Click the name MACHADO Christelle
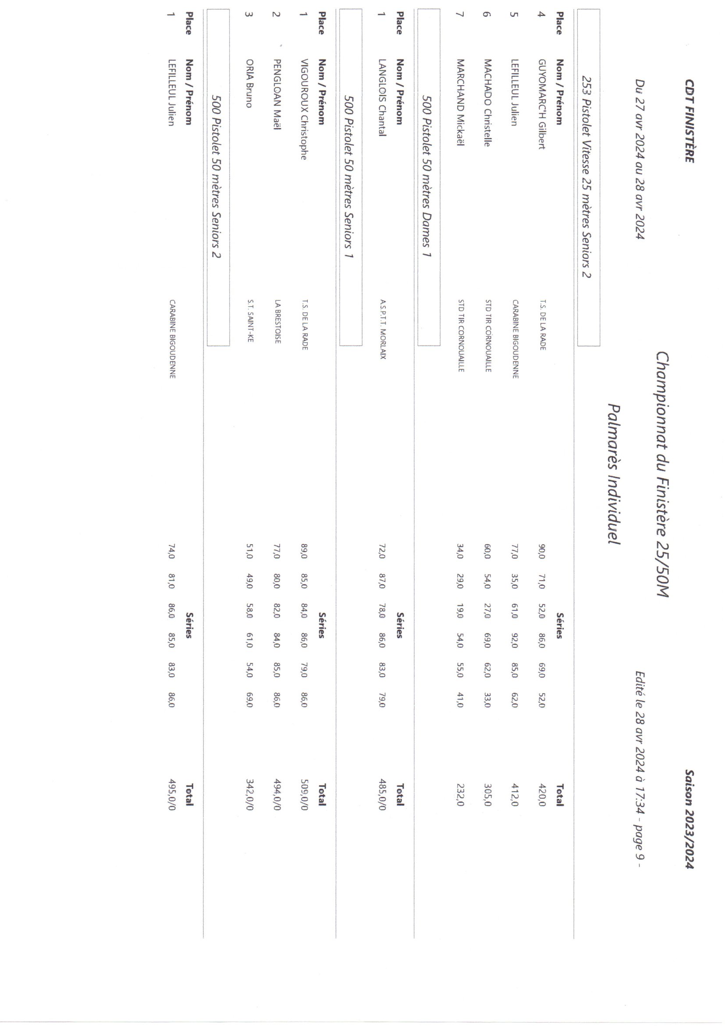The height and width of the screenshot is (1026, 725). [x=487, y=103]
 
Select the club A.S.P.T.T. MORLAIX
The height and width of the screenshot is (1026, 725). [x=383, y=329]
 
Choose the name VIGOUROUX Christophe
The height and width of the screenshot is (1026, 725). [x=305, y=109]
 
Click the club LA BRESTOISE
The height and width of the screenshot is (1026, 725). [x=277, y=321]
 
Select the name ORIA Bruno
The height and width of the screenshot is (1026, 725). [x=249, y=83]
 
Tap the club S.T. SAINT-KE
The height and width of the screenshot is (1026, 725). [x=249, y=320]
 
